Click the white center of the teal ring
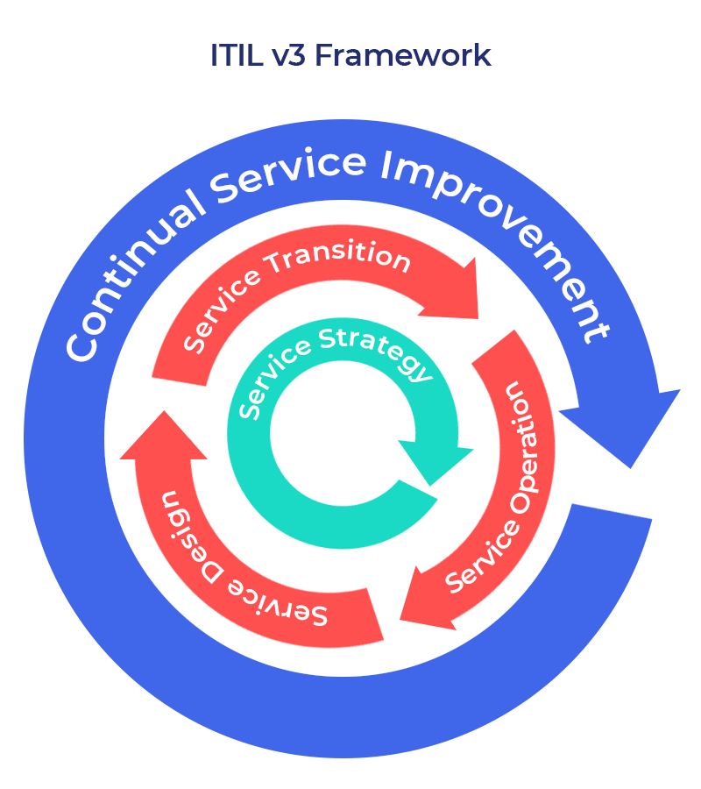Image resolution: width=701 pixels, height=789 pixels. (x=342, y=434)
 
